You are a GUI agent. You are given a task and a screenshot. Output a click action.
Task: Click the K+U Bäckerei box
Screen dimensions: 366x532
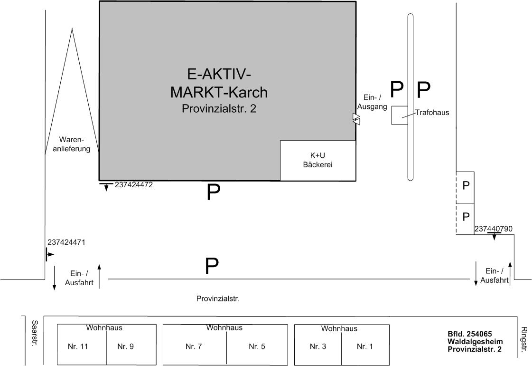(x=317, y=160)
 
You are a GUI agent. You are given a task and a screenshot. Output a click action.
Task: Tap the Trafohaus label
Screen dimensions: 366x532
(x=432, y=113)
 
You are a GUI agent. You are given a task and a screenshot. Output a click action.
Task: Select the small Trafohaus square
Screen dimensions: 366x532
(x=399, y=116)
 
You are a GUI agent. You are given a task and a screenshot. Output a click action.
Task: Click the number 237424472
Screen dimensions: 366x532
(x=134, y=185)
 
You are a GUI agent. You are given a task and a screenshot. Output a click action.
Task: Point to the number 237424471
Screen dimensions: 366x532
(x=66, y=242)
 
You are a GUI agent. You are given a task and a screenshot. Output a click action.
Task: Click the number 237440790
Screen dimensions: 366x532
(x=494, y=229)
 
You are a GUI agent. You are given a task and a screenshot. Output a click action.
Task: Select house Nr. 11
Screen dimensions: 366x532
(x=78, y=347)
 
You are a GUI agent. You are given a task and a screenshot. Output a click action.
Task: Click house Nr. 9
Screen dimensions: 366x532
(x=125, y=347)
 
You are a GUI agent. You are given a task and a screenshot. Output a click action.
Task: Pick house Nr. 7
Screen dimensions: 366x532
(x=194, y=347)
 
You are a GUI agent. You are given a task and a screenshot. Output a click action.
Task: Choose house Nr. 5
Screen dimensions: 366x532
(x=257, y=347)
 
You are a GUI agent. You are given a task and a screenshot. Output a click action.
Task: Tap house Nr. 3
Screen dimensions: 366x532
(x=318, y=347)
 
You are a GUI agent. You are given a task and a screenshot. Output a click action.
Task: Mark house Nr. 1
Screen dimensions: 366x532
(x=365, y=347)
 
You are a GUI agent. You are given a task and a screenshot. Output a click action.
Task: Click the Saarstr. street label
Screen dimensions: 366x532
(x=34, y=333)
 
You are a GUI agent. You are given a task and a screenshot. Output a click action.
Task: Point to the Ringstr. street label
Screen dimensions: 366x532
(x=524, y=339)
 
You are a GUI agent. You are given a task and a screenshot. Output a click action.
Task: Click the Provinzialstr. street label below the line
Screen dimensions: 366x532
(x=218, y=299)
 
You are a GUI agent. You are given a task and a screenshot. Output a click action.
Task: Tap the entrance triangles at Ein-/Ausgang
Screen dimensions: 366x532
(x=356, y=119)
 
